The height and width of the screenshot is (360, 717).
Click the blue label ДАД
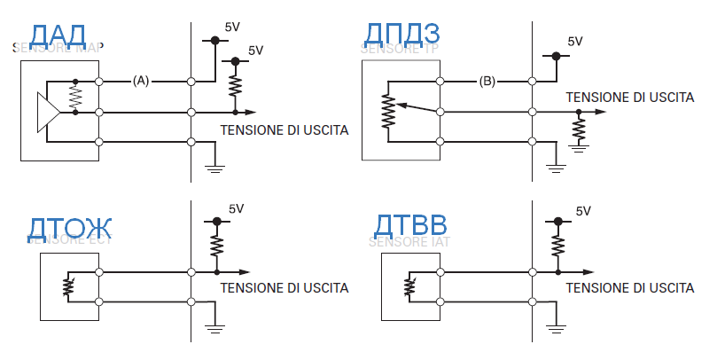pyautogui.click(x=58, y=35)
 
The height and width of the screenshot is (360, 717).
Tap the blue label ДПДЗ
pyautogui.click(x=402, y=35)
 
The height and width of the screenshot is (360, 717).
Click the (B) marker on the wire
pyautogui.click(x=487, y=81)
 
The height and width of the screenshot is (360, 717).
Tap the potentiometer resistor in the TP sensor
pyautogui.click(x=386, y=111)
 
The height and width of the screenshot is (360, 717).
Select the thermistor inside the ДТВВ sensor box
pyautogui.click(x=408, y=286)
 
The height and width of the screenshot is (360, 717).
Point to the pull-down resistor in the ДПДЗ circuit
pyautogui.click(x=579, y=130)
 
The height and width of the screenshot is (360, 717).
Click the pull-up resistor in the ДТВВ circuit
pyautogui.click(x=557, y=243)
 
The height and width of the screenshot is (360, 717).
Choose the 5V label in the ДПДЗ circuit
pyautogui.click(x=574, y=41)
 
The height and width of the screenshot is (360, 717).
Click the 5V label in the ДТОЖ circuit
pyautogui.click(x=236, y=209)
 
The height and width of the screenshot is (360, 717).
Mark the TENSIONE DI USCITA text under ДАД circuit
pyautogui.click(x=284, y=129)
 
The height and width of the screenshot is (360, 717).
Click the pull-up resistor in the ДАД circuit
pyautogui.click(x=234, y=85)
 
